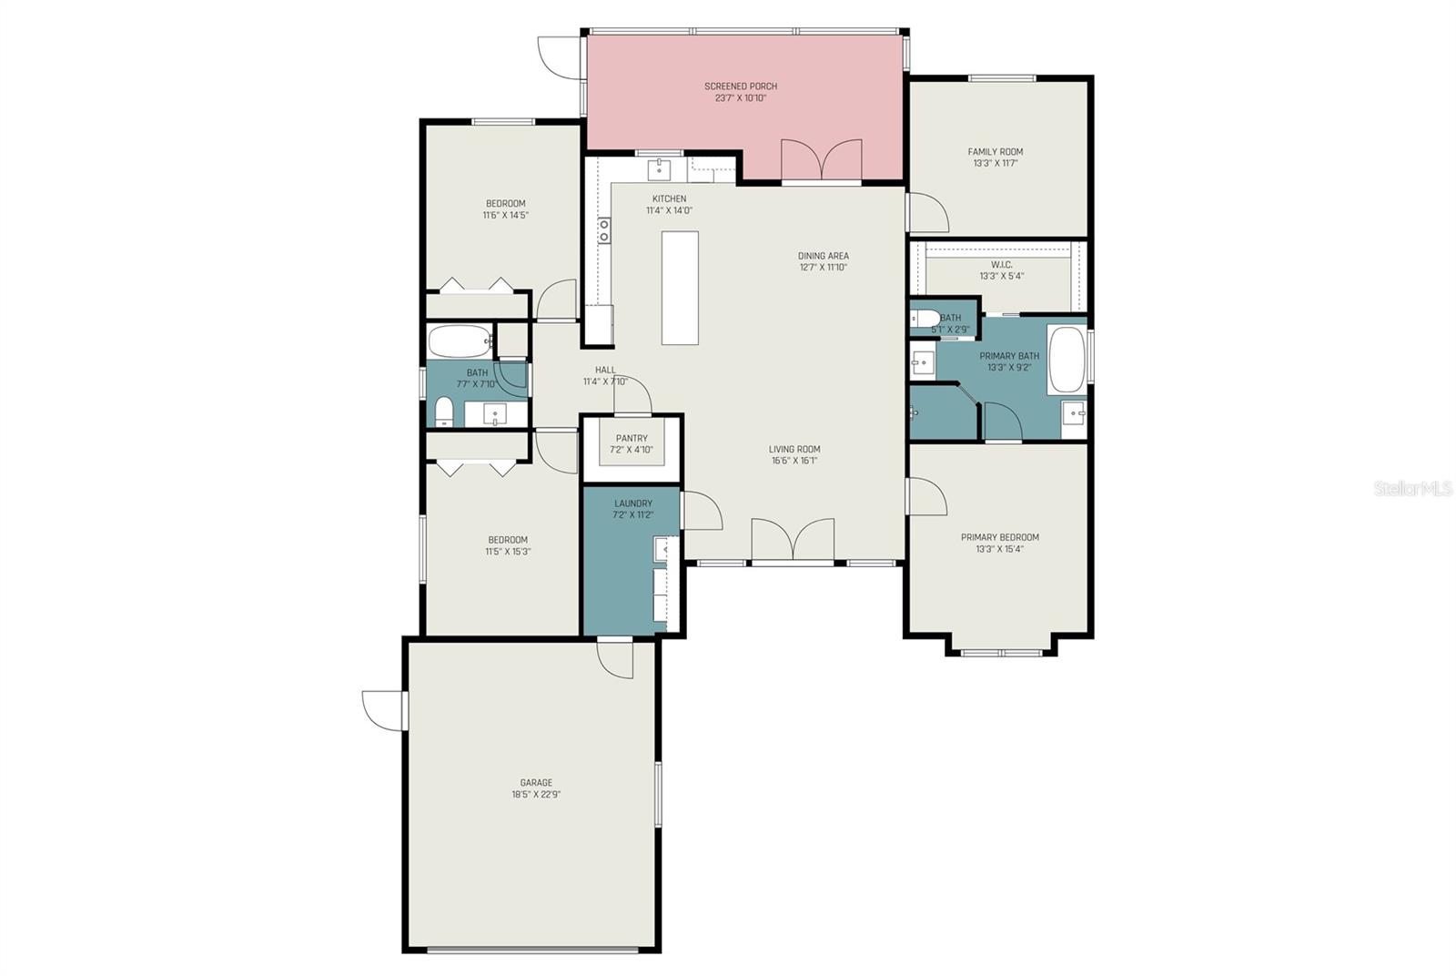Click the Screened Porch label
[x=741, y=86]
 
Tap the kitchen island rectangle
[x=680, y=288]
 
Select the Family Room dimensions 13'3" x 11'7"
[x=996, y=163]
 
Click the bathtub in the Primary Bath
[x=1066, y=360]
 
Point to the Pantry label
[x=632, y=438]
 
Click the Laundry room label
[x=633, y=503]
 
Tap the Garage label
[x=536, y=783]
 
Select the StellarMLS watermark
[x=1412, y=488]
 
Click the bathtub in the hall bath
[x=460, y=341]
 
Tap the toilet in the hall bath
[x=444, y=412]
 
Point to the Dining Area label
[x=823, y=256]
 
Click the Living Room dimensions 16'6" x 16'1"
[x=794, y=461]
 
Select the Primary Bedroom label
[x=1000, y=537]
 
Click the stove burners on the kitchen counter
[x=604, y=230]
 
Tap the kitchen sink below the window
[x=659, y=169]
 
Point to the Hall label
[x=605, y=370]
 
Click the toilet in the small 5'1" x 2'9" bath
[x=925, y=319]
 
